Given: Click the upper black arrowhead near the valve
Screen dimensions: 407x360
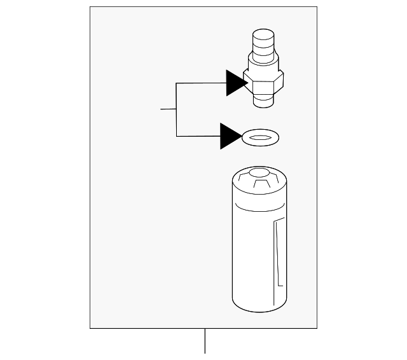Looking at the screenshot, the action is tap(235, 83).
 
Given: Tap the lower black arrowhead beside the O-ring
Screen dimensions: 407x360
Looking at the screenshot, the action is tap(230, 136).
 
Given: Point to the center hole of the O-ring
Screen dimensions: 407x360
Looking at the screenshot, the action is tap(261, 136).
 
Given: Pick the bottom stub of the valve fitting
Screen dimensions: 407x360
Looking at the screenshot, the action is tap(263, 101).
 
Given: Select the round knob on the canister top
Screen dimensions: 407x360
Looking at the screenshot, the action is tap(259, 172).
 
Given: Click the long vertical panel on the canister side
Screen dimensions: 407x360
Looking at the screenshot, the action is tap(278, 254).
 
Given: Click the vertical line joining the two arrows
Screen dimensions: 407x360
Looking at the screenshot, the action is tap(176, 109).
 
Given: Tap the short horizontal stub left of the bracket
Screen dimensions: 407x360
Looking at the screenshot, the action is tap(168, 109).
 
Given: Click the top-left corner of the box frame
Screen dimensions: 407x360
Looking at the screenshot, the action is tap(90, 7).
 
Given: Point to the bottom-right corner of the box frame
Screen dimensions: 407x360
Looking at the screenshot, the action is tap(317, 328).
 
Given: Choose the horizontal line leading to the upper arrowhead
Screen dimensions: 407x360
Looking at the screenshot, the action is tap(200, 83).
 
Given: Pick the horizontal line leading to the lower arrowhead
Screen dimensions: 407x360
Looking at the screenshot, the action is tap(198, 136).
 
